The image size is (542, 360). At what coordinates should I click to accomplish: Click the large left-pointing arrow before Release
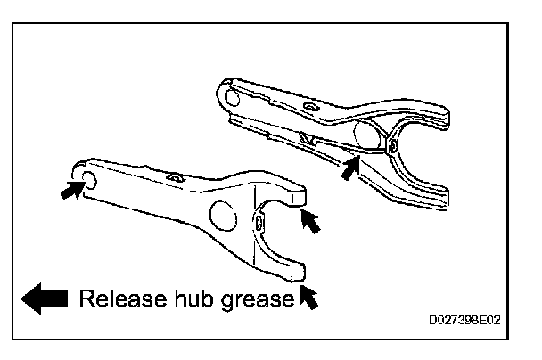click(x=45, y=299)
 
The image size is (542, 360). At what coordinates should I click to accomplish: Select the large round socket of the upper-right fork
click(x=368, y=136)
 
